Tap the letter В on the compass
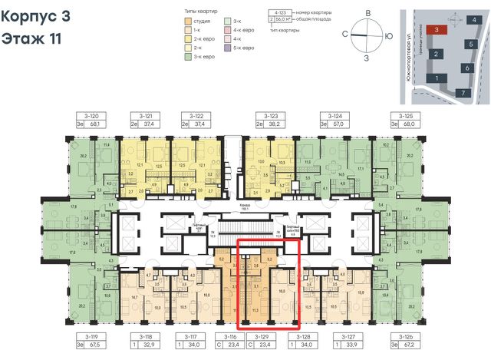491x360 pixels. pyautogui.click(x=368, y=14)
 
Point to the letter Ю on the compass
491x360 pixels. pyautogui.click(x=390, y=36)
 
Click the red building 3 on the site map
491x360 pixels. pyautogui.click(x=437, y=29)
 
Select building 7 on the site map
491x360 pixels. pyautogui.click(x=463, y=92)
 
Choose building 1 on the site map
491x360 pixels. pyautogui.click(x=436, y=78)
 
